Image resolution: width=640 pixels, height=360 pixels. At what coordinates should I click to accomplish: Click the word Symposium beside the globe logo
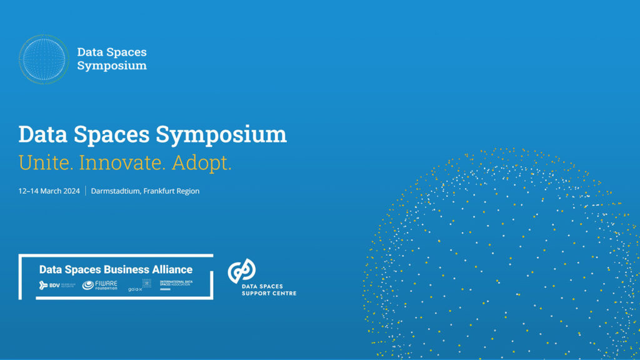[112, 66]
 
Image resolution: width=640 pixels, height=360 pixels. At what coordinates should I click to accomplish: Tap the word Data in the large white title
[42, 134]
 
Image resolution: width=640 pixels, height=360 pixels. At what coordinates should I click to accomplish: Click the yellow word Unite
[46, 163]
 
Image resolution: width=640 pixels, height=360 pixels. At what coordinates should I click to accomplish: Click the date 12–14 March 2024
[49, 191]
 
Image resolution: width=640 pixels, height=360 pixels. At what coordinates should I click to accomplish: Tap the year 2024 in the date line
[71, 191]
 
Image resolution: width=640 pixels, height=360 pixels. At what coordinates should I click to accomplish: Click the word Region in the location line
[187, 191]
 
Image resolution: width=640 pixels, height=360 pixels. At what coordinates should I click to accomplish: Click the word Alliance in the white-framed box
[172, 269]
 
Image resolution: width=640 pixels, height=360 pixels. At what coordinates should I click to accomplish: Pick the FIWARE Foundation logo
[100, 286]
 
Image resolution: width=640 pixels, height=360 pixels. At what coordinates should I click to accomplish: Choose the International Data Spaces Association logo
[176, 285]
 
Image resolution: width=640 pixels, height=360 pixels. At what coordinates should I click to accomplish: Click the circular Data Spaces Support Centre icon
[241, 271]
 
